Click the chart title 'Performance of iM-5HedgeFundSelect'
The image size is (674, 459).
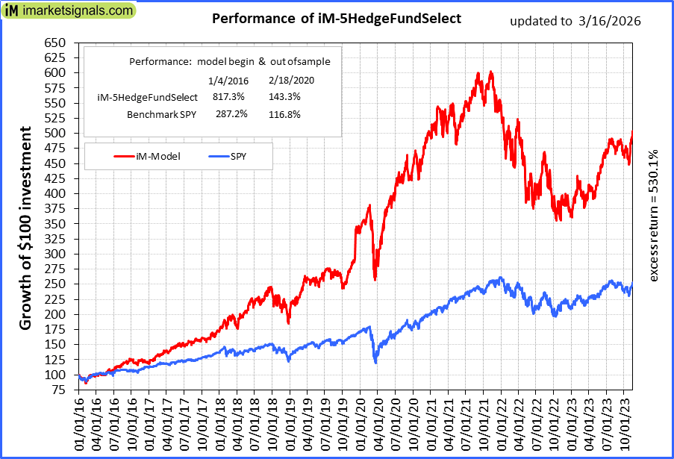[x=337, y=18]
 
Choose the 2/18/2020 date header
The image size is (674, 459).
[x=286, y=80]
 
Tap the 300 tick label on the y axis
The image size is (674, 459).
[x=55, y=254]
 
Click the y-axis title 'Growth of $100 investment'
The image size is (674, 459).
[x=25, y=228]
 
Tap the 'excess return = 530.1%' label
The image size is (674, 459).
[x=654, y=215]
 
